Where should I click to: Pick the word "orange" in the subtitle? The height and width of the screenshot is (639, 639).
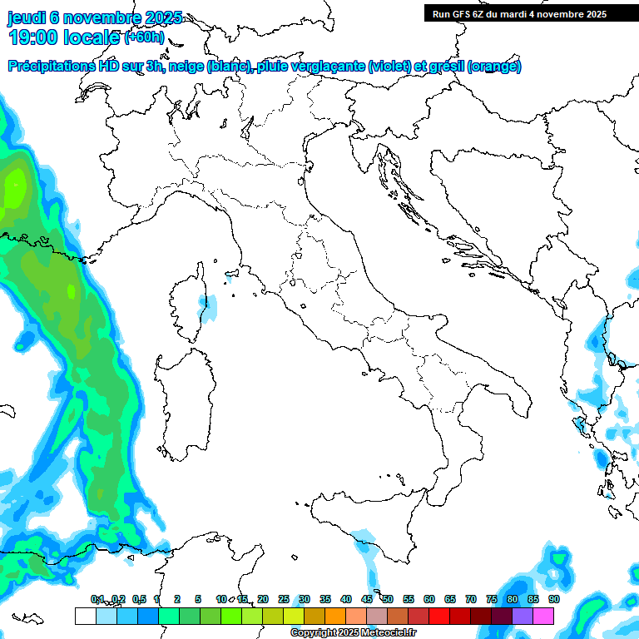[494, 67]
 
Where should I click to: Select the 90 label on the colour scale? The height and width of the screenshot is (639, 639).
[554, 599]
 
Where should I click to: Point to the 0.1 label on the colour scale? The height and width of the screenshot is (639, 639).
[97, 599]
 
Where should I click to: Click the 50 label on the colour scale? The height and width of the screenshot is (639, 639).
[388, 599]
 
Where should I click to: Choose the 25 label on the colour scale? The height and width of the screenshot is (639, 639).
[284, 599]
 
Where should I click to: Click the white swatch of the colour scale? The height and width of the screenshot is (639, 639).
[85, 616]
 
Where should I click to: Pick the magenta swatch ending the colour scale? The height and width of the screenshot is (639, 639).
[543, 616]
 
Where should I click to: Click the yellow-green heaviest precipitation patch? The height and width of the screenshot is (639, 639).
[15, 187]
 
